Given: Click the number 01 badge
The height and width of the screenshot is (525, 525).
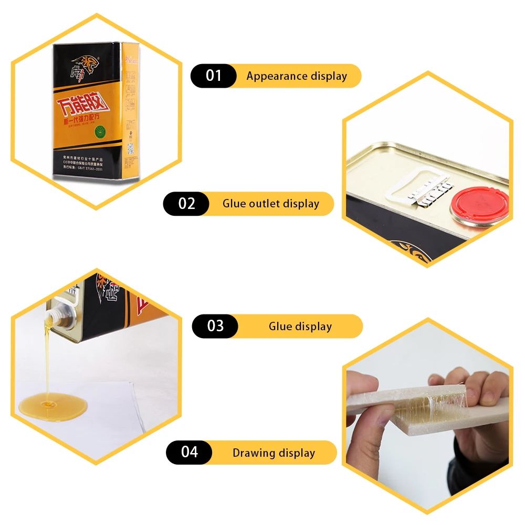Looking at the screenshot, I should click(x=214, y=76).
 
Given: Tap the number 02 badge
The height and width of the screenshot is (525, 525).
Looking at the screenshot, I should click(x=186, y=204).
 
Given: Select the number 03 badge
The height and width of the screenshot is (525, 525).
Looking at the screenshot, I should click(x=215, y=326).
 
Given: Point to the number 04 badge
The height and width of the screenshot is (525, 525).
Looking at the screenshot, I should click(x=189, y=453).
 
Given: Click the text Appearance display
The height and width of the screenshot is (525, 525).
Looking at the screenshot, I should click(x=297, y=76).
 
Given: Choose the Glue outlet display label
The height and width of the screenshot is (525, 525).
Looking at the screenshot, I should click(x=270, y=204).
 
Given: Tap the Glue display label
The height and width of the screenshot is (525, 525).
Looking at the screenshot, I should click(x=300, y=327).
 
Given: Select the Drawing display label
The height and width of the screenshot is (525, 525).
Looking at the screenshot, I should click(x=274, y=453).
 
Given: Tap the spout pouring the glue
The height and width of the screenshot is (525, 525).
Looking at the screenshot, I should click(x=52, y=316).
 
